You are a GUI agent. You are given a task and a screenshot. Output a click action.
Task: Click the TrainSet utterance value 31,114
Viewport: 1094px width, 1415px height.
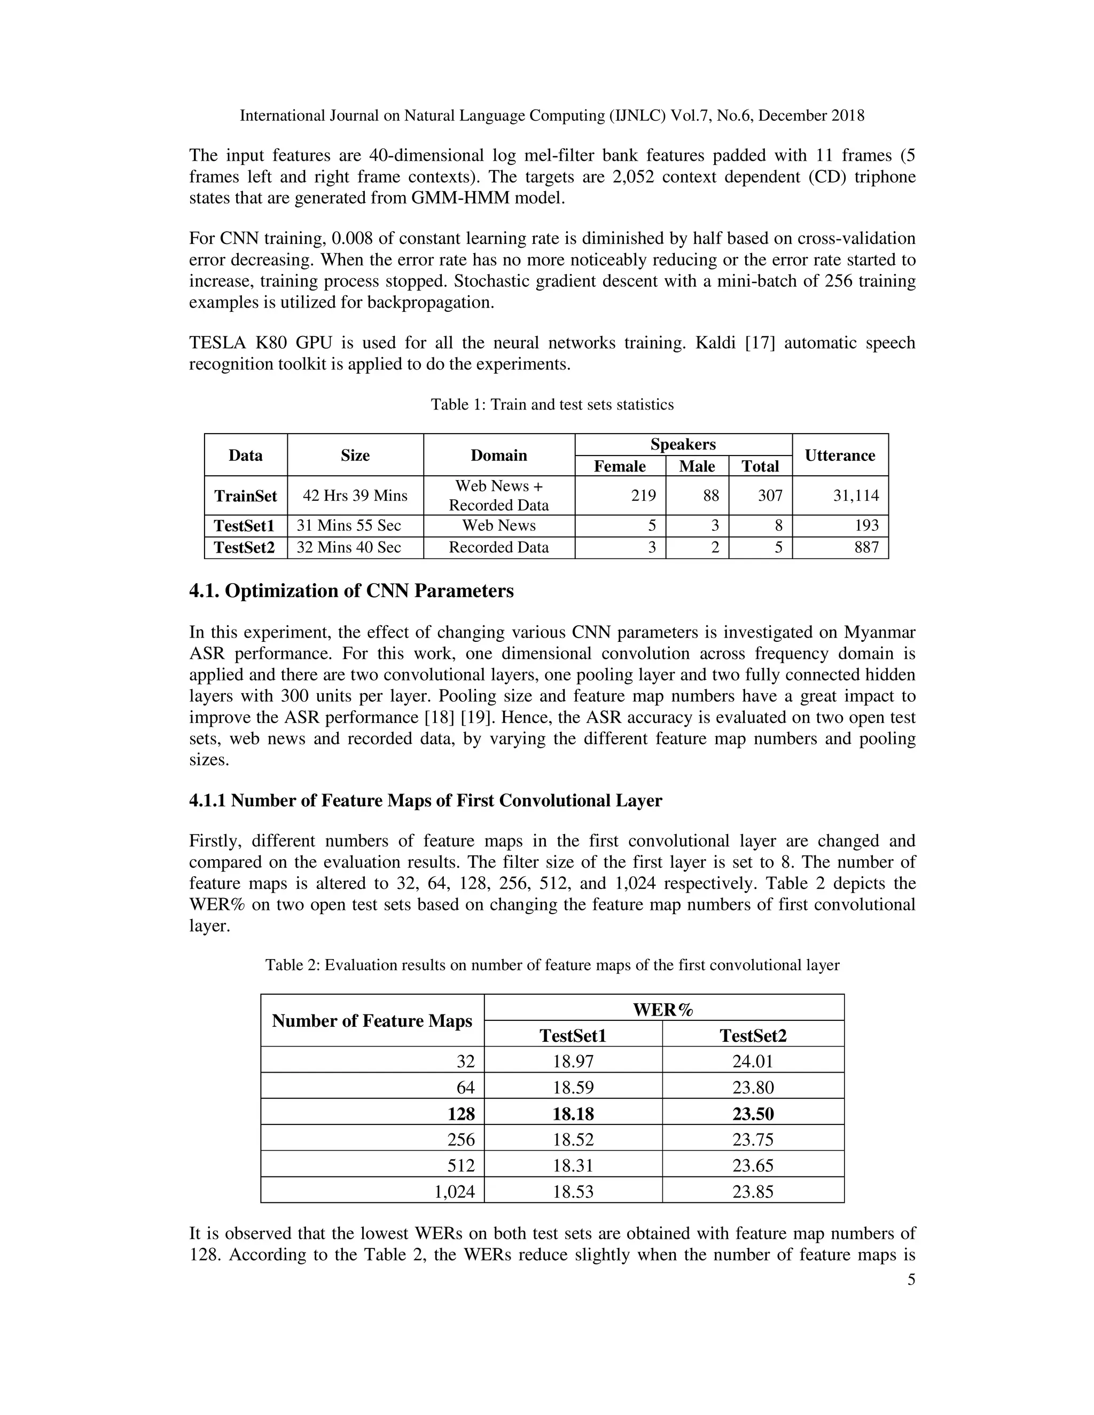pos(856,496)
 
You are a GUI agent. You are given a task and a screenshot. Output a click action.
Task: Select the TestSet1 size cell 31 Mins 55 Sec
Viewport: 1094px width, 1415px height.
pos(349,525)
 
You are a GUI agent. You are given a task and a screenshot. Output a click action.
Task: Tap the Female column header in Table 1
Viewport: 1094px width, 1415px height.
pos(620,467)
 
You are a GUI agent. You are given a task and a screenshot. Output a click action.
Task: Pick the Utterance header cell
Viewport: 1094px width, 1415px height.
pos(839,455)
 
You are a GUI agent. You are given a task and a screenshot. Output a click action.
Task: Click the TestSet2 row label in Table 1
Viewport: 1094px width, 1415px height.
pos(244,547)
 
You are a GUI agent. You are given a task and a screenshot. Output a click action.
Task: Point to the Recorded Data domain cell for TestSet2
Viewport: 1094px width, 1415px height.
pos(498,547)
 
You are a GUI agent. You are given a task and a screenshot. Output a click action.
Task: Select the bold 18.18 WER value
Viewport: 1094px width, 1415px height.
pos(573,1114)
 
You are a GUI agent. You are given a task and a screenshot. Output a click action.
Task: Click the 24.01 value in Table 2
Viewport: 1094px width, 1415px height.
pos(753,1062)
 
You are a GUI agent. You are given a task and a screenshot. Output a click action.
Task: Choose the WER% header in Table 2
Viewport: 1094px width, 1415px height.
pos(663,1010)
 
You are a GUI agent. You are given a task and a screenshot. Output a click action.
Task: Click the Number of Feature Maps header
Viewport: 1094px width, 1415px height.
pos(372,1021)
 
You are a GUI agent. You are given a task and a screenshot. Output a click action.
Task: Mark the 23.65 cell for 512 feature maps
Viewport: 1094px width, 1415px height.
pos(753,1166)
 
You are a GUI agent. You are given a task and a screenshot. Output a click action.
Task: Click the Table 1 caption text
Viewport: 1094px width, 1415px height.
pos(552,405)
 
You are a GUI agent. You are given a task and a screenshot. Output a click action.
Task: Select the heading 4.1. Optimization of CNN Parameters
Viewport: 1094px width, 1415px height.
pos(351,591)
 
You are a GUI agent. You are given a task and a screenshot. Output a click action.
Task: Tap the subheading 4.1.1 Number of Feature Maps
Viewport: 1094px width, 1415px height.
pos(425,801)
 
